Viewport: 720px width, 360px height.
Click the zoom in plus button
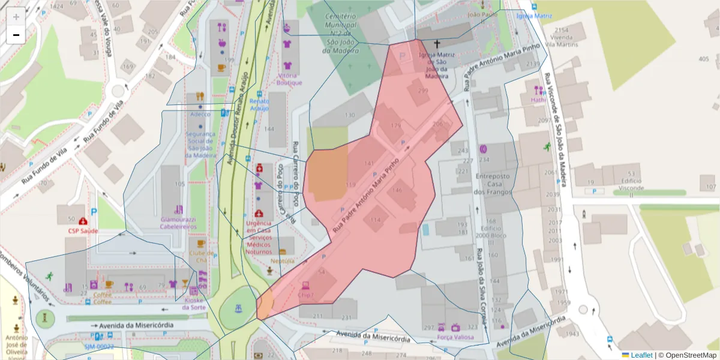pos(16,16)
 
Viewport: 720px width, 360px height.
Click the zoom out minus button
pos(16,35)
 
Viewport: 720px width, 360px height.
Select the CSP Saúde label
pos(82,230)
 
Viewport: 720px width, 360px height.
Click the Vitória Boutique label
pos(290,79)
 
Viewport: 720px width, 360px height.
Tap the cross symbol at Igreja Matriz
pos(437,44)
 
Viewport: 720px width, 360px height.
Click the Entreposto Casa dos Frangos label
pos(492,184)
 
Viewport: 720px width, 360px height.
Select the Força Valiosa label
pos(455,337)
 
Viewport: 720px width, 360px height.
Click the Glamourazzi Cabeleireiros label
pos(179,223)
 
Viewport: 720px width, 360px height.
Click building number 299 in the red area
pos(423,91)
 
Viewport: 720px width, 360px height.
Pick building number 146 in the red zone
pos(397,190)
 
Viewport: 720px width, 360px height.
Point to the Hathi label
pos(538,100)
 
